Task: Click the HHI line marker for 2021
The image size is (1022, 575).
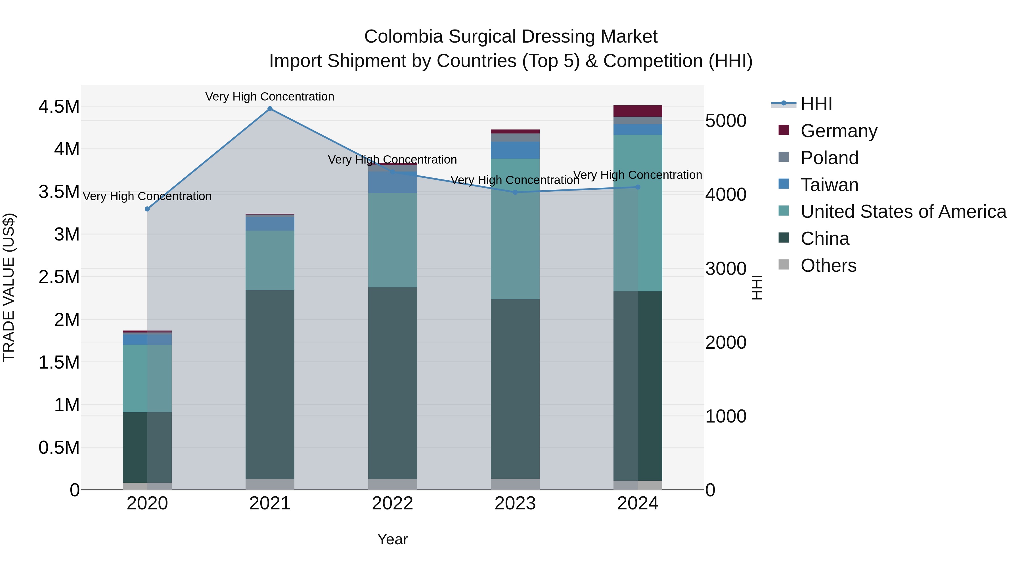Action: pyautogui.click(x=270, y=109)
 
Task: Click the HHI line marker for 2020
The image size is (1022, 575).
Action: pyautogui.click(x=147, y=209)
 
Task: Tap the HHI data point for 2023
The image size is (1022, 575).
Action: pyautogui.click(x=515, y=193)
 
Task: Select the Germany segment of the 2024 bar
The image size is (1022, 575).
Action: pyautogui.click(x=638, y=111)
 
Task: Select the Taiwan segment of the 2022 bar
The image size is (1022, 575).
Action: pyautogui.click(x=392, y=183)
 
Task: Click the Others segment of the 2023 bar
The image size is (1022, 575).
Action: pyautogui.click(x=515, y=484)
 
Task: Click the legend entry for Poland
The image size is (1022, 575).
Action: pyautogui.click(x=829, y=158)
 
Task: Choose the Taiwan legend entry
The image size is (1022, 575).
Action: pyautogui.click(x=829, y=185)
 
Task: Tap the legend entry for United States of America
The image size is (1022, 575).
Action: pyautogui.click(x=903, y=212)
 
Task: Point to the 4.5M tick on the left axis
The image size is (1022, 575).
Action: pyautogui.click(x=59, y=107)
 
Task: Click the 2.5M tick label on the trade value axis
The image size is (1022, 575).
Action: pyautogui.click(x=59, y=277)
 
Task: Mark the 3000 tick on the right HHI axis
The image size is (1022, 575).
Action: pyautogui.click(x=726, y=269)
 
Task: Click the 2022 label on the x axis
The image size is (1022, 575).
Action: pyautogui.click(x=392, y=503)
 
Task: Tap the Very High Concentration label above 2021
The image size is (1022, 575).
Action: pyautogui.click(x=270, y=97)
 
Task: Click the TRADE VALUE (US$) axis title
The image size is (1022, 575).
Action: pyautogui.click(x=9, y=287)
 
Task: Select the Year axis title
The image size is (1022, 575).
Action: pyautogui.click(x=392, y=539)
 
